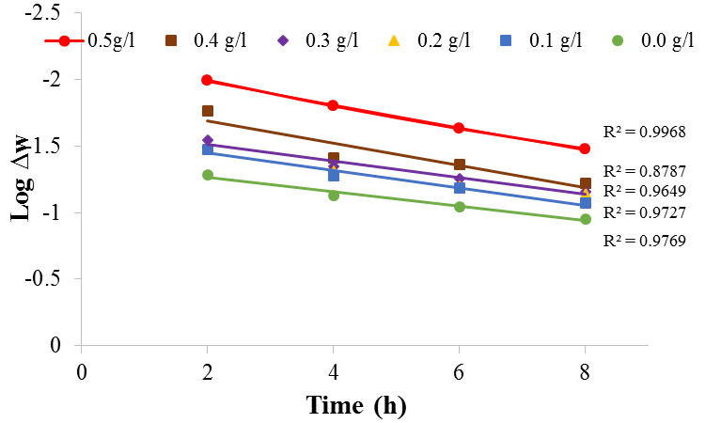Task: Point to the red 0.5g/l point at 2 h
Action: (x=207, y=80)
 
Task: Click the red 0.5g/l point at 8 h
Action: (x=585, y=149)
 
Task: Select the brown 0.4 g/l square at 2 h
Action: (x=208, y=111)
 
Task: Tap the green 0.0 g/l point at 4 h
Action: (x=334, y=195)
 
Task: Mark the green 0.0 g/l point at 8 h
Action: (x=585, y=219)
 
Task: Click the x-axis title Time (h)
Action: (x=356, y=405)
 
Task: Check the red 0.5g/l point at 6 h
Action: (x=459, y=128)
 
